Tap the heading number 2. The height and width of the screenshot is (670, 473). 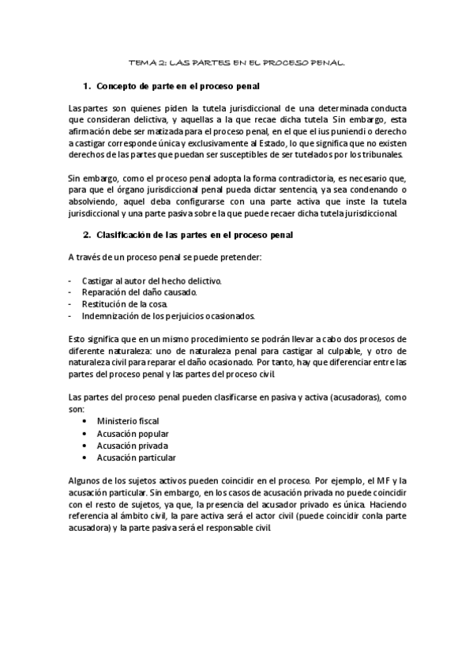pyautogui.click(x=88, y=235)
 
